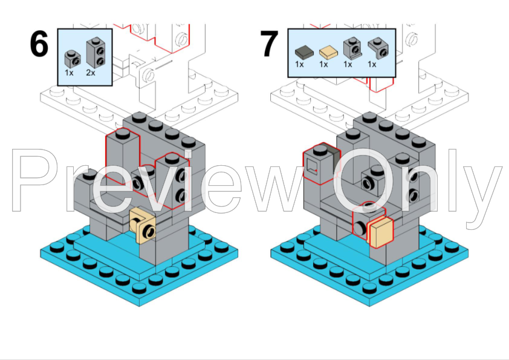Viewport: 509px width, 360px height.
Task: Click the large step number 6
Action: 39,45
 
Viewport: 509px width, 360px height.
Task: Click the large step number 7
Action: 269,45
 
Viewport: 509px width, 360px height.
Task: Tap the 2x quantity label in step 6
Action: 91,73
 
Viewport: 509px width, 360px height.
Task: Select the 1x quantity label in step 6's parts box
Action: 70,73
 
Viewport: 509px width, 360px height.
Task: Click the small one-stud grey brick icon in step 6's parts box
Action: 72,59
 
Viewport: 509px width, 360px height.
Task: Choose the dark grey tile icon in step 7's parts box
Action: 302,52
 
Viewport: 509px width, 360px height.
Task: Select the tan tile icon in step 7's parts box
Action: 326,52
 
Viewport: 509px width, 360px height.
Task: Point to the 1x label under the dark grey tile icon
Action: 299,64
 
